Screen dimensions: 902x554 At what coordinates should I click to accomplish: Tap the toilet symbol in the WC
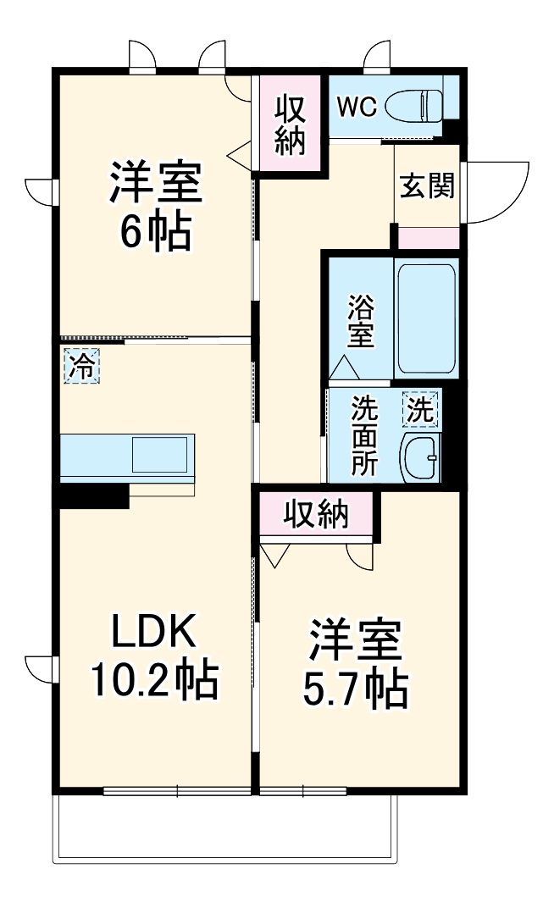(x=416, y=107)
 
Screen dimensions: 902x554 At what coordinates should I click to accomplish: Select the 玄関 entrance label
(x=427, y=185)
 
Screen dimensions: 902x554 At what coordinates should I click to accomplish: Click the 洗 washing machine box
(x=421, y=411)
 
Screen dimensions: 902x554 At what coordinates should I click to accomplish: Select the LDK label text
(x=155, y=631)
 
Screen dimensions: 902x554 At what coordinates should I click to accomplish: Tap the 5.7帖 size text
(x=356, y=690)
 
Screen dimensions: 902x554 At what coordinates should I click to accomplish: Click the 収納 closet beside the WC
(x=291, y=125)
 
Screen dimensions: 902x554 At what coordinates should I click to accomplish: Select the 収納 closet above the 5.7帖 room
(x=316, y=514)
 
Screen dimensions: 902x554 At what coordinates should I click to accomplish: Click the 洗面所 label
(x=365, y=436)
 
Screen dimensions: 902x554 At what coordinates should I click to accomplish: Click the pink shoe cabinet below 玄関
(x=429, y=238)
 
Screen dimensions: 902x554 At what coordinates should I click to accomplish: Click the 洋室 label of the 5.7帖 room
(x=356, y=642)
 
